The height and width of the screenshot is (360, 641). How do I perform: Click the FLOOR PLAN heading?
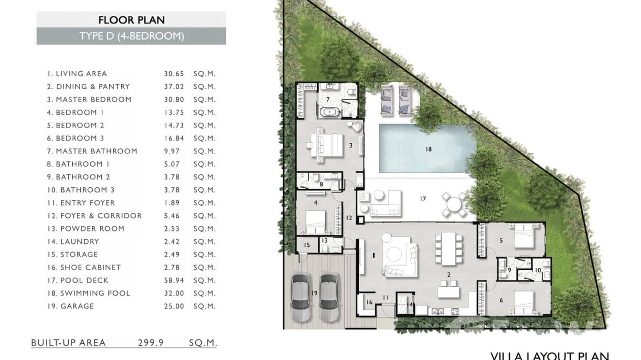click(x=131, y=20)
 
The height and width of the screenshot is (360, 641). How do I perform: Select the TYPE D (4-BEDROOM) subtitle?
click(x=131, y=36)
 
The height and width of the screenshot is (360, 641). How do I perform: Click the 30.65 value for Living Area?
click(x=174, y=74)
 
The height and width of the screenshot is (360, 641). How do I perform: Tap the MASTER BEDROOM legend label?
click(x=93, y=99)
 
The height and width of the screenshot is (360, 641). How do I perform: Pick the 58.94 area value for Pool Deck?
click(x=174, y=280)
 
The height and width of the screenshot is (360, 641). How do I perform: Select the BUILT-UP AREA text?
click(x=68, y=342)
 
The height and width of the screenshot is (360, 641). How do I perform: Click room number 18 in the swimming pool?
click(x=428, y=149)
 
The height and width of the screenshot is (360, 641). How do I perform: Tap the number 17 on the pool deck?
click(x=423, y=199)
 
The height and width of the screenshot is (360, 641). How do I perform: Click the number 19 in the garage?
click(x=313, y=293)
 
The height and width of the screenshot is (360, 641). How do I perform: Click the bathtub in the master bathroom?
click(x=330, y=113)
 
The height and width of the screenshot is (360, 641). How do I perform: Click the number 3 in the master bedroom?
click(x=351, y=145)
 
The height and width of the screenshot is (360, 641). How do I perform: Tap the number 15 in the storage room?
click(x=307, y=245)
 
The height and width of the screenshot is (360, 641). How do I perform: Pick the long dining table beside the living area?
click(x=448, y=248)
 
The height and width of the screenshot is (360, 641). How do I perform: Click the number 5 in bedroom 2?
click(x=501, y=241)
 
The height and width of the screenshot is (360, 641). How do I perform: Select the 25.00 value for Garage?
click(x=174, y=306)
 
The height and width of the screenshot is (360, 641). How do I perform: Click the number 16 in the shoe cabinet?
click(x=369, y=302)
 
